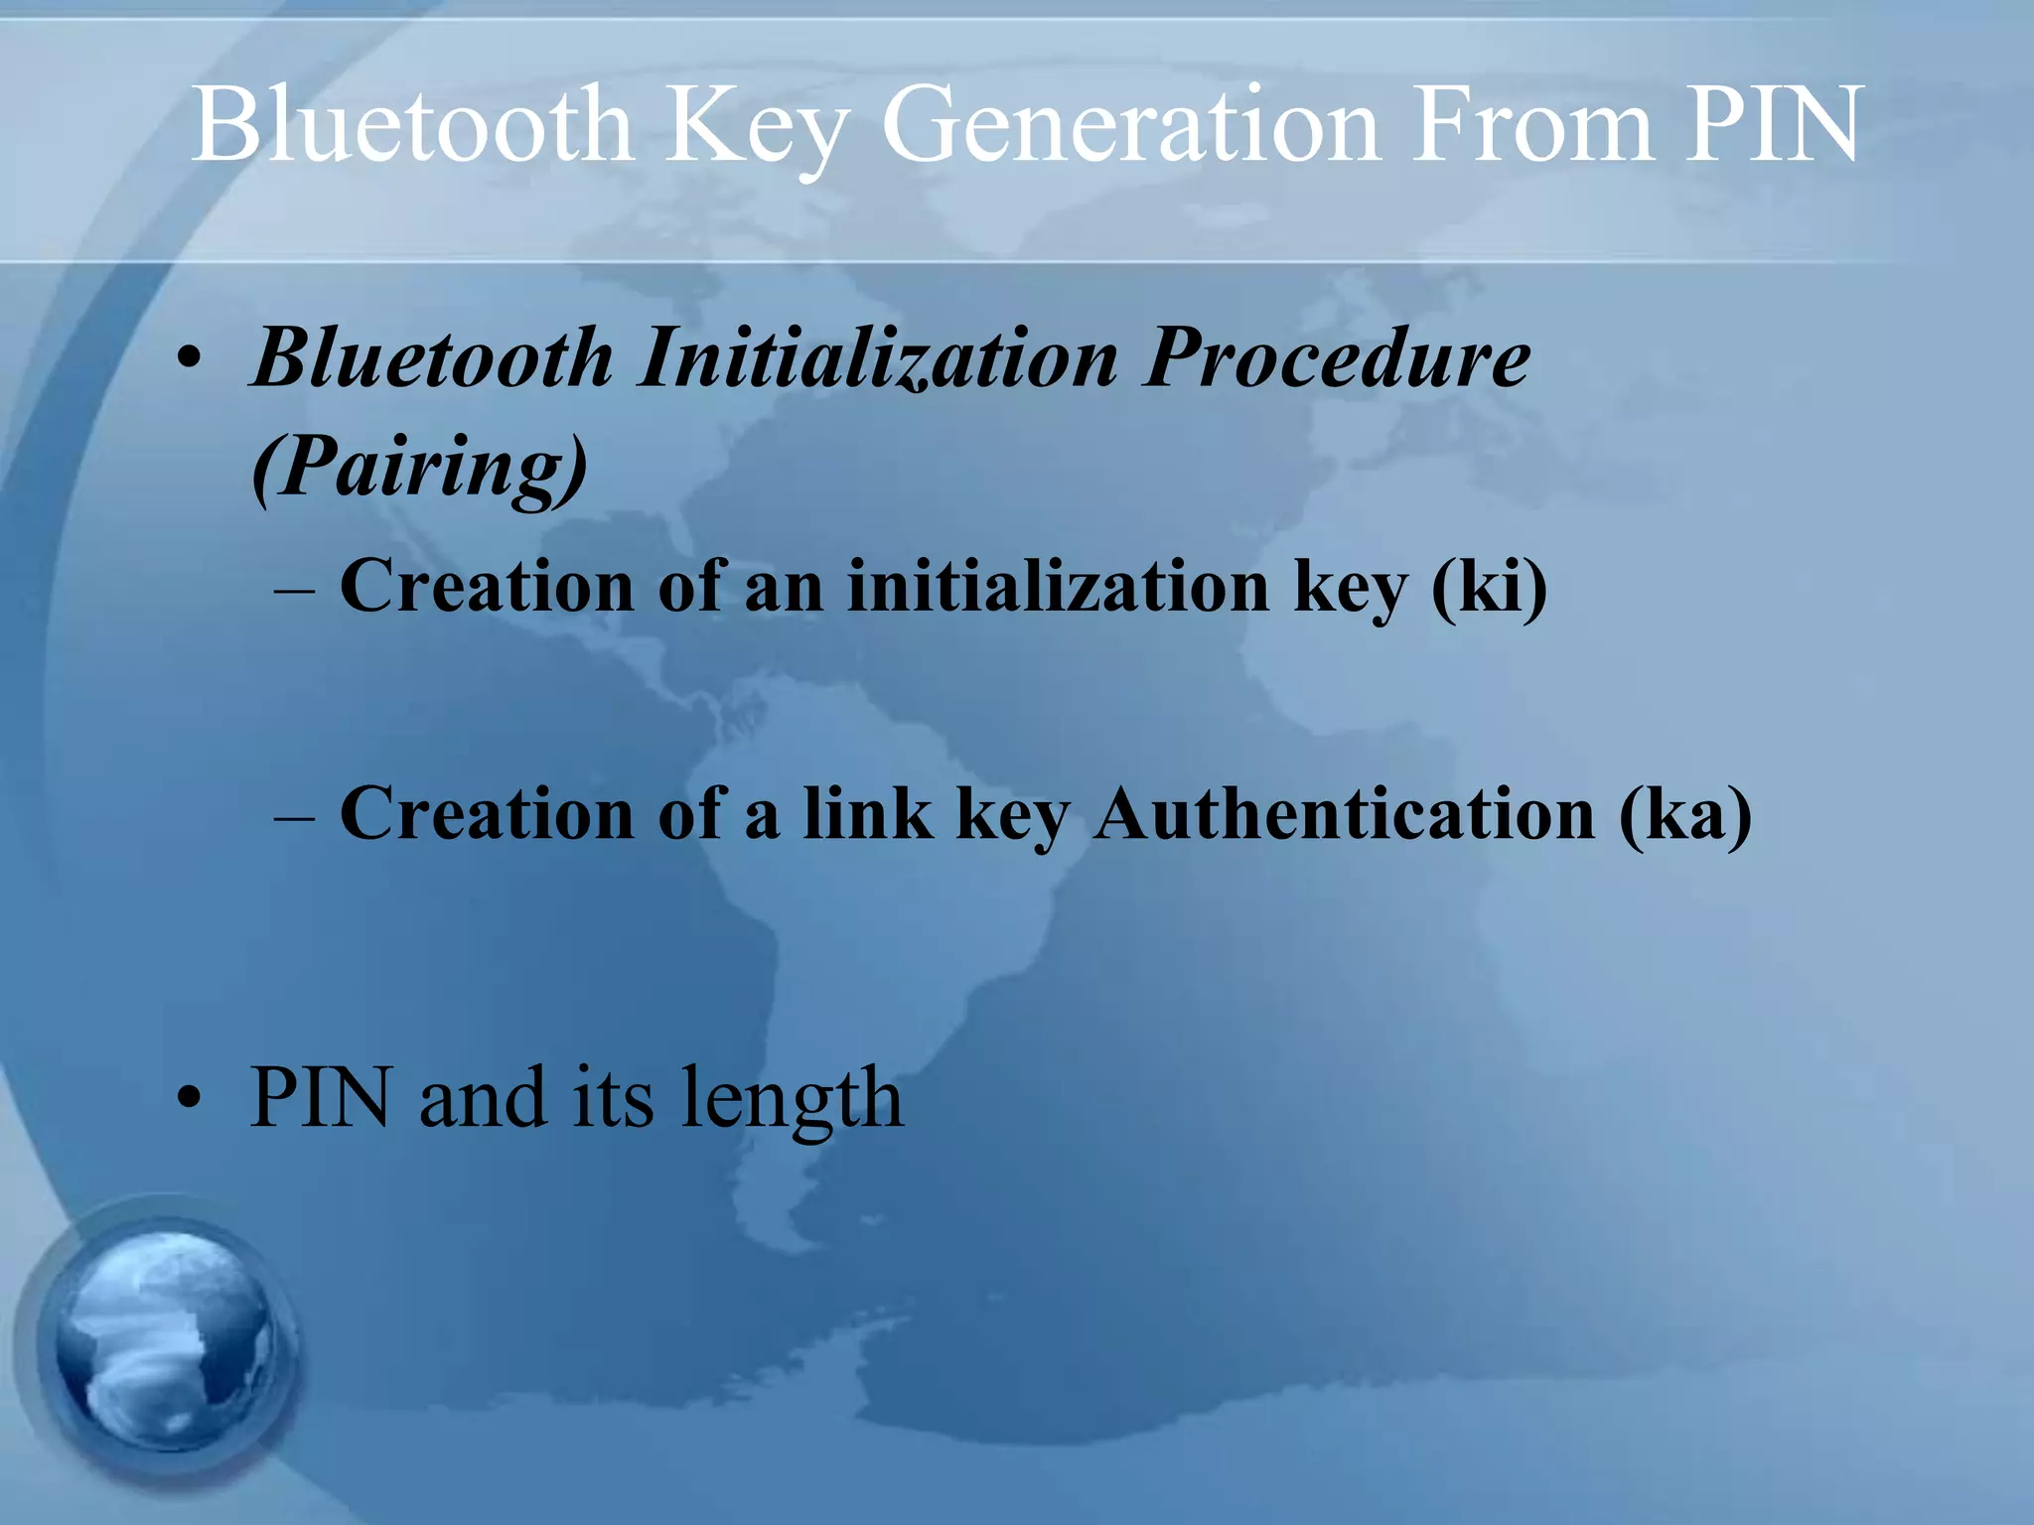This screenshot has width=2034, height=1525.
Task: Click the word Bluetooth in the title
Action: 412,125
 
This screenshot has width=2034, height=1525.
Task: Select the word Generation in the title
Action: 1131,125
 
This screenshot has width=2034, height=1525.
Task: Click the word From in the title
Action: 1535,125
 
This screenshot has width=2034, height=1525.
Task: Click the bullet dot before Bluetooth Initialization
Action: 190,359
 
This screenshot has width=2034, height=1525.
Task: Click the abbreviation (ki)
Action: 1489,586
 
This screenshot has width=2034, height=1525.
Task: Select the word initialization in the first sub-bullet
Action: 1059,586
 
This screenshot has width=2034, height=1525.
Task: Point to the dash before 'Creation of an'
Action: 295,590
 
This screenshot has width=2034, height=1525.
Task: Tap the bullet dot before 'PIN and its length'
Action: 190,1100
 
